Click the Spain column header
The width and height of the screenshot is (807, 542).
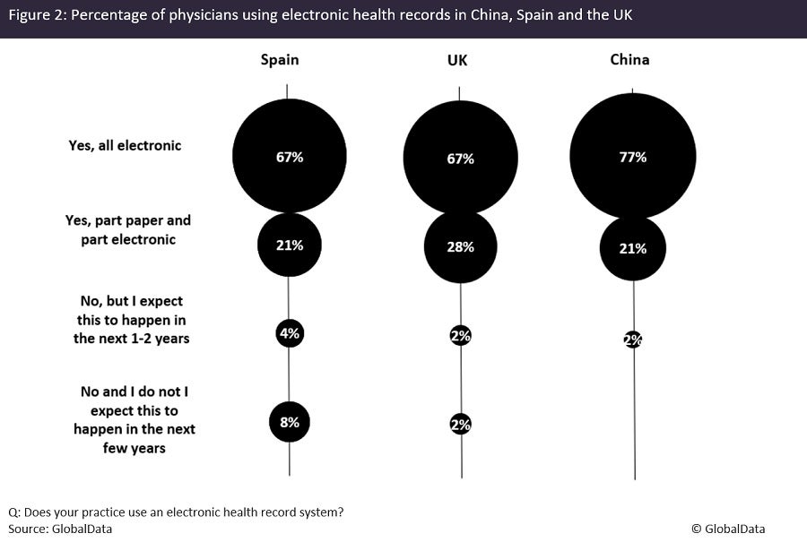[x=280, y=60]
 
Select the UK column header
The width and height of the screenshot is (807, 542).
[x=456, y=60]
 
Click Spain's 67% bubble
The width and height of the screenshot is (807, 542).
[x=289, y=156]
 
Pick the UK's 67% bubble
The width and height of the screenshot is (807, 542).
[x=460, y=159]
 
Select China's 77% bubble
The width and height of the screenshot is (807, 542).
[x=633, y=156]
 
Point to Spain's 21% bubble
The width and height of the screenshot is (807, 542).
[x=289, y=245]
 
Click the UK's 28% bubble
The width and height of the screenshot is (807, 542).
[x=460, y=246]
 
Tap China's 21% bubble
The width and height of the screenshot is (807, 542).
[x=633, y=248]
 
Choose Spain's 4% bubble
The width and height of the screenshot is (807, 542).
[x=290, y=333]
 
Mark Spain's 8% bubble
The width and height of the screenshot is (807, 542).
[x=290, y=421]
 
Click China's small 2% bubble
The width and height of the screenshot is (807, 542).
[x=633, y=340]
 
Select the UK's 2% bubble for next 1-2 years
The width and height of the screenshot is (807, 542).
[x=461, y=336]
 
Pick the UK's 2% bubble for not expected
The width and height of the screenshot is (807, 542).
[x=461, y=425]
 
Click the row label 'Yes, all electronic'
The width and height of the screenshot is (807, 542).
[x=125, y=145]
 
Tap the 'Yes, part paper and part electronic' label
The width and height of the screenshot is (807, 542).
[x=128, y=229]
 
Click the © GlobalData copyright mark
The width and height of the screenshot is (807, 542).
[x=727, y=529]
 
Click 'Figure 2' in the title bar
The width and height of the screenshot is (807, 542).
[x=36, y=18]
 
